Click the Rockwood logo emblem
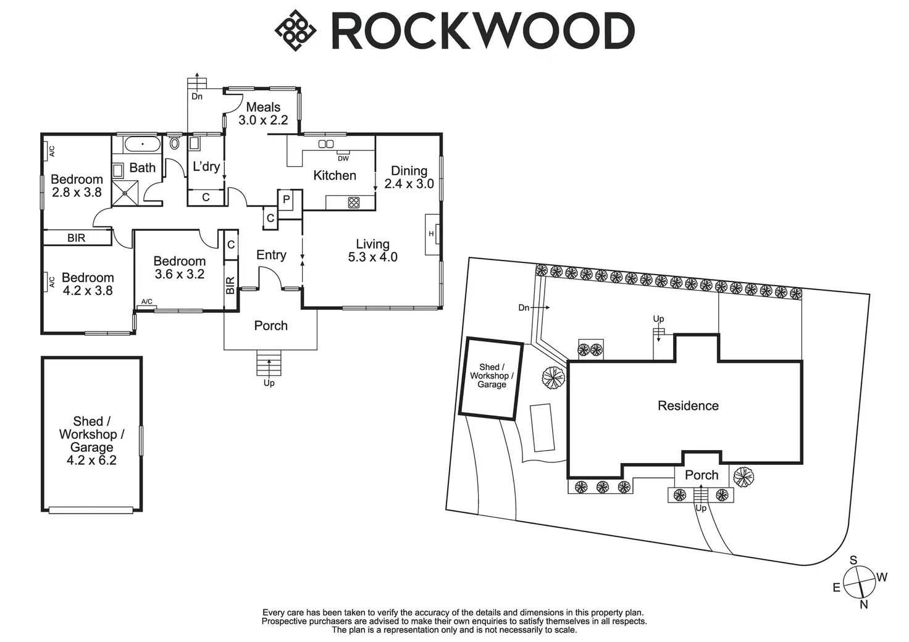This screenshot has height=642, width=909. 295,30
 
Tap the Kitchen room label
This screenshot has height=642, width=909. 335,175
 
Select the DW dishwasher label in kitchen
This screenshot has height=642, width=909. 343,159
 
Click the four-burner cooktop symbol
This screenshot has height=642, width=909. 354,202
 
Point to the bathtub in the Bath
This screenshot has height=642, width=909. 143,145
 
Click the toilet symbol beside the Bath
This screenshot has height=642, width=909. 174,144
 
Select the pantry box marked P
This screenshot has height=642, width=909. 287,200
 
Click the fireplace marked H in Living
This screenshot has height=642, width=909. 432,234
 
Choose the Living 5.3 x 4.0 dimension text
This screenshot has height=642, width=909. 372,257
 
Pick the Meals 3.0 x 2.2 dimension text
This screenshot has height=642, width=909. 263,120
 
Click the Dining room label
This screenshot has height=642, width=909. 409,170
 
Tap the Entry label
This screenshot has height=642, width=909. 271,255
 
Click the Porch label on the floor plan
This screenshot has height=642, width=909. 270,325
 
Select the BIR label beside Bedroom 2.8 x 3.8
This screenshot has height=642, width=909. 77,238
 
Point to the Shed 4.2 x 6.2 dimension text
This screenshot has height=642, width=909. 91,460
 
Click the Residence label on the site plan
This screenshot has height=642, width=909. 688,406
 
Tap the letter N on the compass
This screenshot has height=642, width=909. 864,605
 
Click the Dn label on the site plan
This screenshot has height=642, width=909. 524,307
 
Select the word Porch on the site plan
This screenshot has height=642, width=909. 702,475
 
